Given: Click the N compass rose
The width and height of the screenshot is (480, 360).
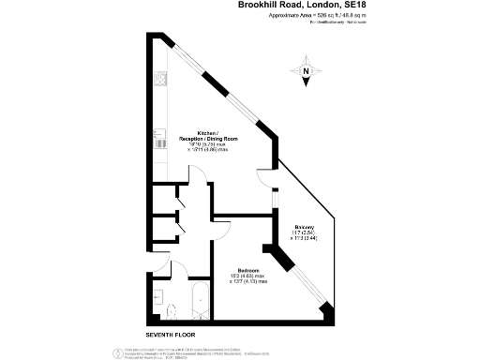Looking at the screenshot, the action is point(307,73).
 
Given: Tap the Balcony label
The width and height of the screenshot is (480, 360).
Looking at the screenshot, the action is point(304,228).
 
